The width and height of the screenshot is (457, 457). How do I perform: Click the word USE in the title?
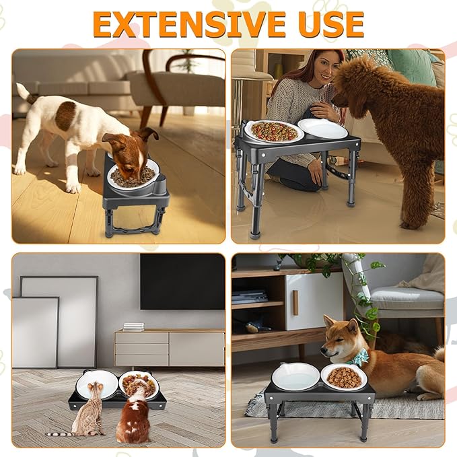[x=329, y=24]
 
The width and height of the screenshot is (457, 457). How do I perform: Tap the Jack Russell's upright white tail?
[x=23, y=92]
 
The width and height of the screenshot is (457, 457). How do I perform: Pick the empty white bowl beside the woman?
[x=322, y=128]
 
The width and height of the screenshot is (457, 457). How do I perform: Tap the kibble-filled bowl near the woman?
[x=273, y=131]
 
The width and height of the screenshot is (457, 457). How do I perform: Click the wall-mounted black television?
[x=182, y=281]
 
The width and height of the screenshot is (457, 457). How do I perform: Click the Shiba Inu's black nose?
[x=324, y=349]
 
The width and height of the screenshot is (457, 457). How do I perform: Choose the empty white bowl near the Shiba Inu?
[x=295, y=376]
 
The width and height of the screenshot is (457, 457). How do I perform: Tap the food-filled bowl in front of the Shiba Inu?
[x=343, y=376]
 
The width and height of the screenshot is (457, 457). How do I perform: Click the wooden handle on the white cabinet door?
[x=295, y=302]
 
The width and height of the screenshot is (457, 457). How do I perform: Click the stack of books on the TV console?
[x=133, y=327]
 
